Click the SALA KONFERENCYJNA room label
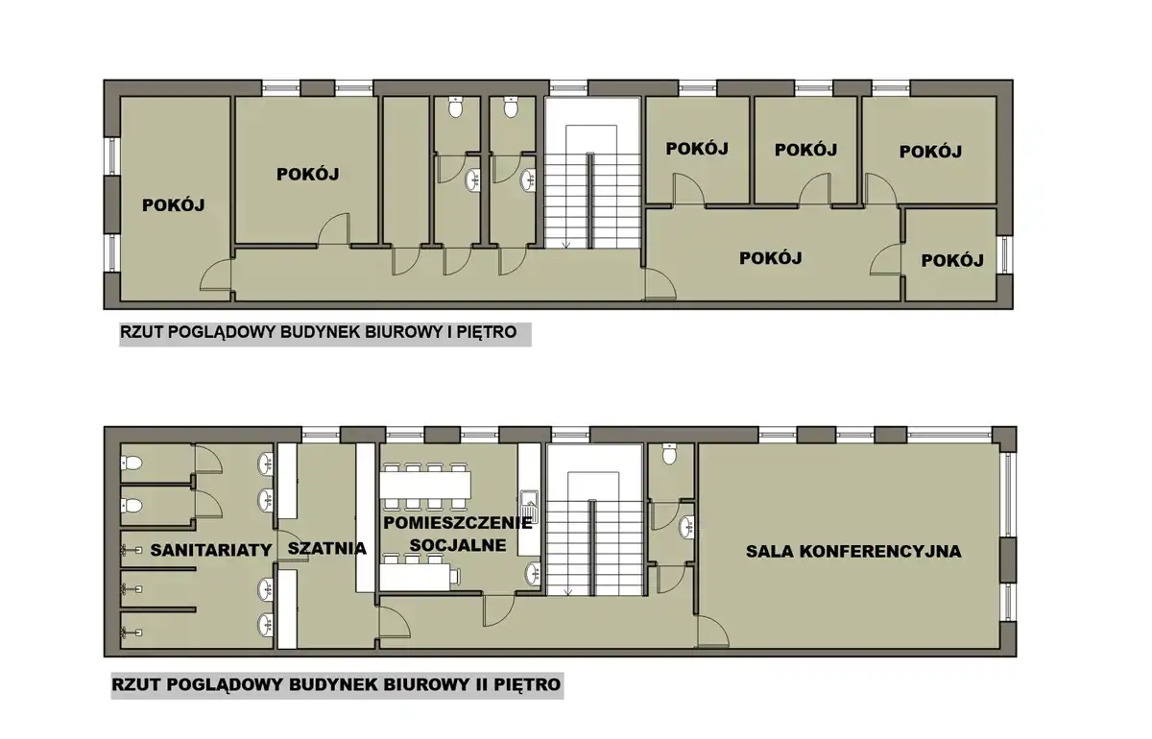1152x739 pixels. [853, 551]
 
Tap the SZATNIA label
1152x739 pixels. [327, 548]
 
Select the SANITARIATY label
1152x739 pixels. [211, 550]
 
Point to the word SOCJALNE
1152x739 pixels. [458, 545]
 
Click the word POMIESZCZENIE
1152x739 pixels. [458, 523]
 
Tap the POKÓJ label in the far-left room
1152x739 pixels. [174, 205]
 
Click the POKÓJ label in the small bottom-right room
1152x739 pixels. [952, 261]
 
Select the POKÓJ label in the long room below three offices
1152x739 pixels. [770, 258]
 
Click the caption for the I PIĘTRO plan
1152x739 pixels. [319, 332]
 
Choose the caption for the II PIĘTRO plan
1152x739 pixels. [336, 685]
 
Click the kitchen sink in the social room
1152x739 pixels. [528, 506]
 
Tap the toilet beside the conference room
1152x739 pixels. [669, 454]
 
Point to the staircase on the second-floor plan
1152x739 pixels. [594, 520]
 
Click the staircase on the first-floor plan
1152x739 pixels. [592, 174]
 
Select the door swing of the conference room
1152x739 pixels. [712, 632]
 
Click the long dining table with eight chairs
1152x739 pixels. [425, 486]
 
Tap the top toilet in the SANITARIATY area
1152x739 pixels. [132, 463]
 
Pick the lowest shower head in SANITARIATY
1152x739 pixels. [132, 633]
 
